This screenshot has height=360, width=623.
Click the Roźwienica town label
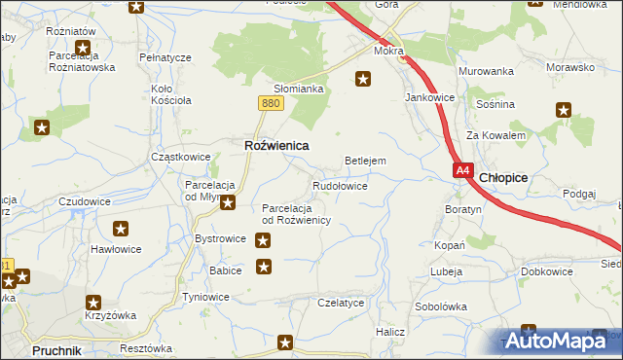tap(275, 145)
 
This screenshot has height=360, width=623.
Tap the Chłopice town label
tap(504, 177)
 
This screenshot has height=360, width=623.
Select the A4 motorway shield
tap(462, 170)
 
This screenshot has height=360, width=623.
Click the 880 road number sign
tap(272, 102)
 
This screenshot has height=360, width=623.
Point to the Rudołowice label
tap(340, 185)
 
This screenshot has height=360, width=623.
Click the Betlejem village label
tap(366, 161)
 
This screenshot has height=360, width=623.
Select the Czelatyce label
tap(341, 303)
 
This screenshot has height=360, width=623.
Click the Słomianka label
tap(298, 89)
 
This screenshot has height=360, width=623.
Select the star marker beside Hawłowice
tap(121, 230)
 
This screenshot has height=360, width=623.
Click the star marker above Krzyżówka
tap(93, 303)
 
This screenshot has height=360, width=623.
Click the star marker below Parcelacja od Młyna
tap(228, 202)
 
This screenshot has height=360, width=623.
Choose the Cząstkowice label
tap(181, 157)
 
